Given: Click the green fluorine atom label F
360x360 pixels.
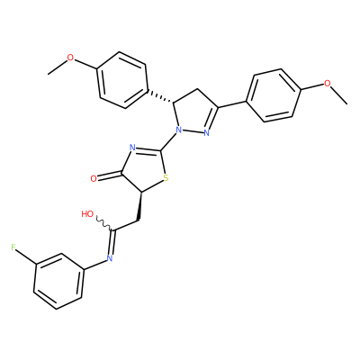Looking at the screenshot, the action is pos(13,247).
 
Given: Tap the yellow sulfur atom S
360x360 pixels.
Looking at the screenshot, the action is pos(166,178).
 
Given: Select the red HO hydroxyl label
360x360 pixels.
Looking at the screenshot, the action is pos(87,214).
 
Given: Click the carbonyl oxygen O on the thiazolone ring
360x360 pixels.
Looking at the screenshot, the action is pos(94,179).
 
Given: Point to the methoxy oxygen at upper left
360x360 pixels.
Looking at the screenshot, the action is pos(70,58).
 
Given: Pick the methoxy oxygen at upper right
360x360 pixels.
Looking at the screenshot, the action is pos(328,83).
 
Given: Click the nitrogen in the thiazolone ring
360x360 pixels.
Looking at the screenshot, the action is pos(131,148).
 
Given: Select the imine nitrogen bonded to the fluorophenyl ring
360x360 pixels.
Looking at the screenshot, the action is pos(109,257).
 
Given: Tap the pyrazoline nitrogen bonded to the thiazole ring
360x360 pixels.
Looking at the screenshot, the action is pos(179,130).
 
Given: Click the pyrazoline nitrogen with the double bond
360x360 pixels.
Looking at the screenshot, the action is pos(206,133).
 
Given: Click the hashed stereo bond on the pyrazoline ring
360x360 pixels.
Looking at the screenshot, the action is pos(160,96).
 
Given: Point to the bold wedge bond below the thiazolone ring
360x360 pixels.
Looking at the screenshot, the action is pos(139,207).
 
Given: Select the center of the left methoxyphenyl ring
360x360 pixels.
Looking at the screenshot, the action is pos(122,80).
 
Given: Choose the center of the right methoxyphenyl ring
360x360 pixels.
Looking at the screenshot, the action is pos(274,95).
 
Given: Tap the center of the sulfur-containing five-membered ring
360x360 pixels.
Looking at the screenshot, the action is pos(144,170).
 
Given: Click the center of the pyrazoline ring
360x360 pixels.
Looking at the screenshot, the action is pos(194,112).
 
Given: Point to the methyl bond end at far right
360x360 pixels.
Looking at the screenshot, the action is pos(347,104).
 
